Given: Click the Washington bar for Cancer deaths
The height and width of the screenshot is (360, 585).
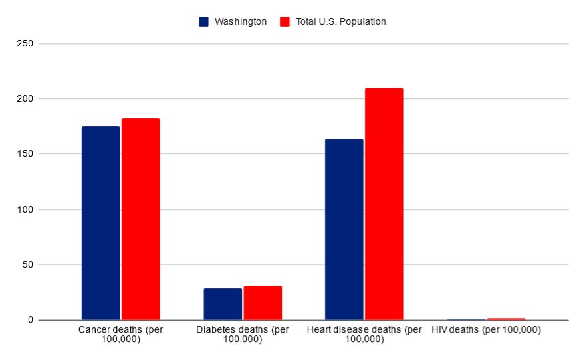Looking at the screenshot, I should (x=100, y=223).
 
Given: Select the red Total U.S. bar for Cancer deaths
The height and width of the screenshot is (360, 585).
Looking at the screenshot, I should (x=140, y=219).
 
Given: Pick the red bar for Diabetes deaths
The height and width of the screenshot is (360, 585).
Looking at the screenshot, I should (x=263, y=303).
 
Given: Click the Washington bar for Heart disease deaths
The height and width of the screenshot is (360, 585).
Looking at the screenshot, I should (x=344, y=229).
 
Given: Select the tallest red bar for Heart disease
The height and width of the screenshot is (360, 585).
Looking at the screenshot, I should (x=384, y=204).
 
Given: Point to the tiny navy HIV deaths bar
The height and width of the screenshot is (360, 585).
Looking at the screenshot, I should (x=466, y=319).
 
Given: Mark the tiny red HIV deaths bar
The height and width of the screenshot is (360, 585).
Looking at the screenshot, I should (x=506, y=319).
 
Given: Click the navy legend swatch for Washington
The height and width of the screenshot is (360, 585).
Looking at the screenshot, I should (x=204, y=21).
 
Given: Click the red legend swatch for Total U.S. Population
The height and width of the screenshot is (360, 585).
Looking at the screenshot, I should (x=285, y=21).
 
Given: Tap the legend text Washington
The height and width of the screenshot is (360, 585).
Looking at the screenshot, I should (x=241, y=21).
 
